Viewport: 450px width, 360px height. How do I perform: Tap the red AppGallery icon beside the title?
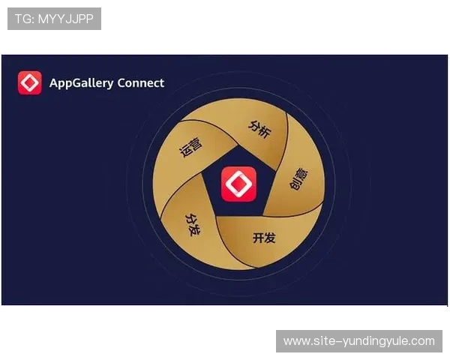tap(30, 82)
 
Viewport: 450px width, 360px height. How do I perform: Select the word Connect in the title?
tap(140, 82)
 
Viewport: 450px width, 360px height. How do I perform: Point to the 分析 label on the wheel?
tap(259, 127)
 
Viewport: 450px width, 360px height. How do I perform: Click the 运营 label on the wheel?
tap(191, 146)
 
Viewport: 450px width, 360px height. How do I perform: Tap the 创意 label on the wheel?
tap(297, 181)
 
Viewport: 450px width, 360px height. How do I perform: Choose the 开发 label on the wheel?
tap(264, 238)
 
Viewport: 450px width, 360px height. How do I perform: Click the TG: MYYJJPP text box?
tap(54, 19)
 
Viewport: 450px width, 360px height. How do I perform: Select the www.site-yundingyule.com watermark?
tap(359, 341)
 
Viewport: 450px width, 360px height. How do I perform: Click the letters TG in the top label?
tap(22, 19)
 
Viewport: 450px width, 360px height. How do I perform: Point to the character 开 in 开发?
tap(258, 238)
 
